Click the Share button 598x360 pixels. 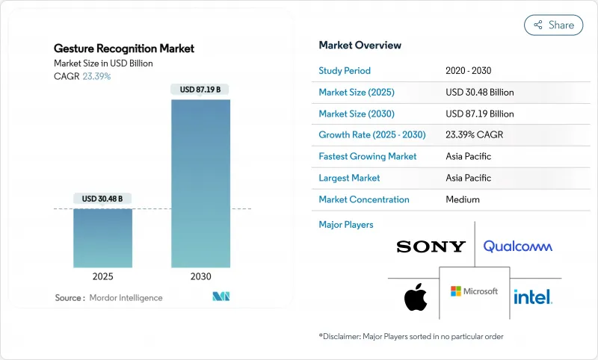pos(553,25)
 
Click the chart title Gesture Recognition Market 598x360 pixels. pos(124,49)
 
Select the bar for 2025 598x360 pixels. pos(103,238)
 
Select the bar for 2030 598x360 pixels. pos(200,183)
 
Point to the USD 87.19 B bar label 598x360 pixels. pos(200,90)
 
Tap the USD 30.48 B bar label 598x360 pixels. pos(103,199)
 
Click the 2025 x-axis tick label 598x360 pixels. pos(103,276)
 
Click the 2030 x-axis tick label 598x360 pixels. pos(200,276)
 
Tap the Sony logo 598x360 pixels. pos(431,246)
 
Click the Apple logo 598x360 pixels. pos(416,297)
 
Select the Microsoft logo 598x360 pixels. pos(474,291)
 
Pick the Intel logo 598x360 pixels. pos(533,297)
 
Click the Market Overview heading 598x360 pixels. pos(360,46)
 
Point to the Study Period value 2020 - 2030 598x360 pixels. pos(469,71)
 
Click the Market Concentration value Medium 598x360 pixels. pos(462,199)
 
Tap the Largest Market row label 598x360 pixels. pos(349,178)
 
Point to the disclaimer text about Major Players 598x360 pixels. pos(411,337)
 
